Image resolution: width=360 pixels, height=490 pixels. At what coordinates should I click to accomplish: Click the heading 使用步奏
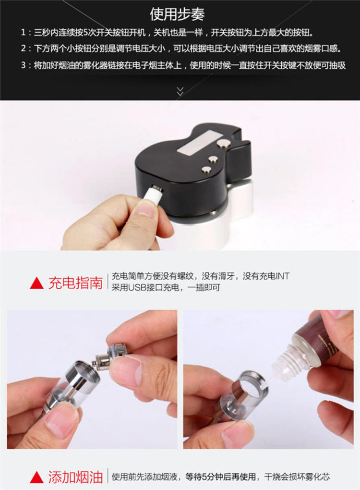tap(177, 14)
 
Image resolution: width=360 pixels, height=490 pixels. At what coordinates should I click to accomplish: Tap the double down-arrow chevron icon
tap(180, 91)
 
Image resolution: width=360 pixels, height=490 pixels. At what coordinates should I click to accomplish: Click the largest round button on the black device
tap(224, 144)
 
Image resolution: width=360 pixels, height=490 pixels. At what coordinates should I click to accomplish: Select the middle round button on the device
tap(214, 159)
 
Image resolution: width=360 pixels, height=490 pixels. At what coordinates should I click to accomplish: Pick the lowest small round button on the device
tap(206, 170)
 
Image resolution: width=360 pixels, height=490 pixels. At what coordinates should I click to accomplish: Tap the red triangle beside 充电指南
tap(36, 283)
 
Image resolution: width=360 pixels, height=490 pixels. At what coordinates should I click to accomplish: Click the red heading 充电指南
tap(75, 283)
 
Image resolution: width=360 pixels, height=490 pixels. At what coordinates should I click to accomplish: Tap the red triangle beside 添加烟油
tap(36, 477)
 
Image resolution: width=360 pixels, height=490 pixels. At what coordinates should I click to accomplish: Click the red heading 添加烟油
tap(75, 477)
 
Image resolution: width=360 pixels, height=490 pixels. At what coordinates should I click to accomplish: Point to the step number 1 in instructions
tap(23, 33)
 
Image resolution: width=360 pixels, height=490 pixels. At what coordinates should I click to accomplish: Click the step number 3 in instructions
tap(23, 65)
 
